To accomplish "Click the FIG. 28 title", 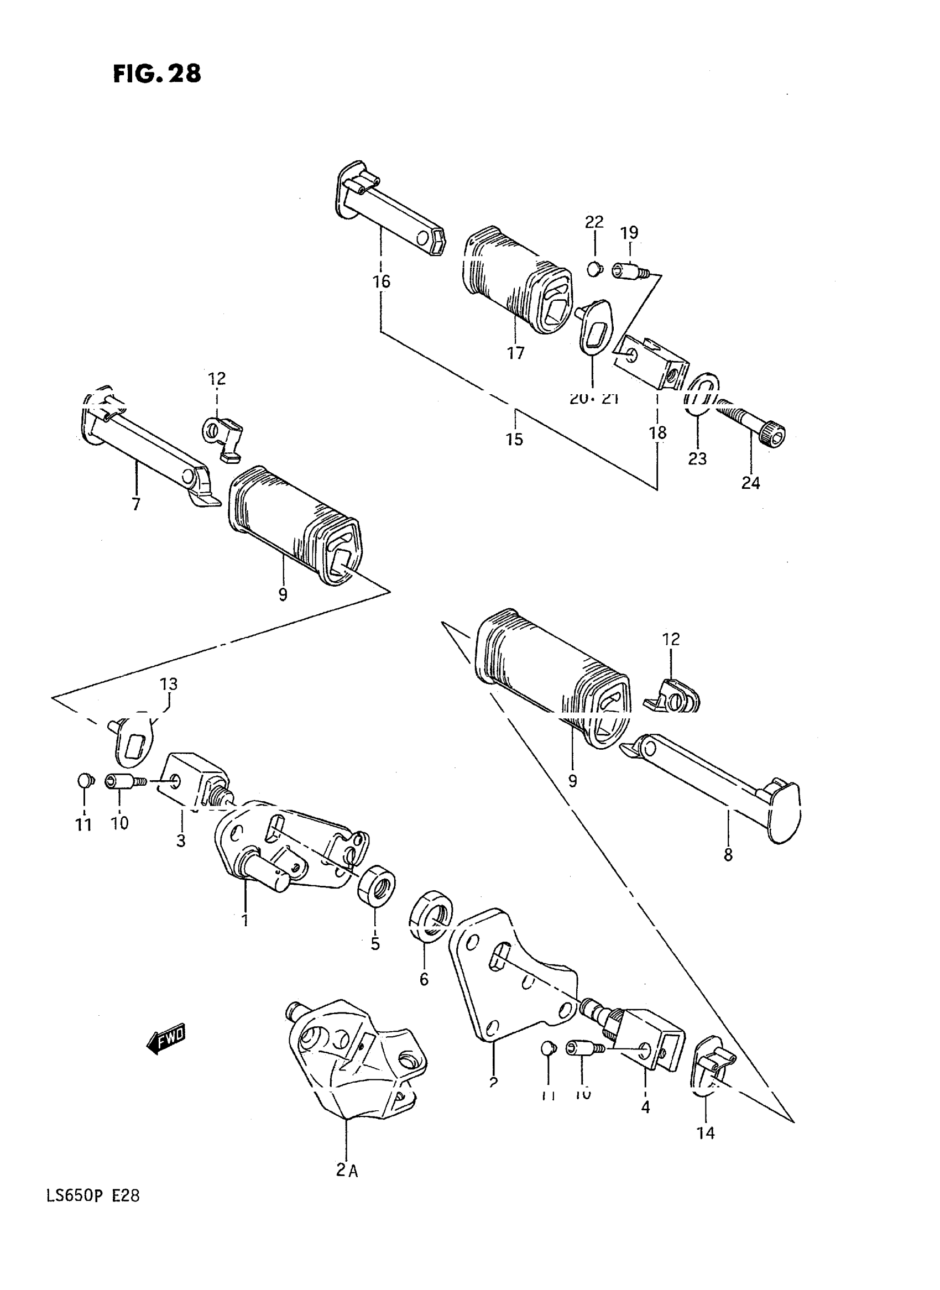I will [x=157, y=74].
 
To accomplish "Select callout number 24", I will [x=750, y=483].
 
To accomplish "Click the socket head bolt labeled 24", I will [x=751, y=424].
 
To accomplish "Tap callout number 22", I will [x=594, y=222].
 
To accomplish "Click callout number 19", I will [x=629, y=233].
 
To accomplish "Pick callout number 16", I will [x=381, y=281].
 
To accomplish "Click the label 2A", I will [x=347, y=1171].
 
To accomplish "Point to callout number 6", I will [x=424, y=979].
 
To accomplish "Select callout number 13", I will [x=169, y=684].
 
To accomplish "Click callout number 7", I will [x=136, y=504].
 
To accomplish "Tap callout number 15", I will [x=514, y=439].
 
